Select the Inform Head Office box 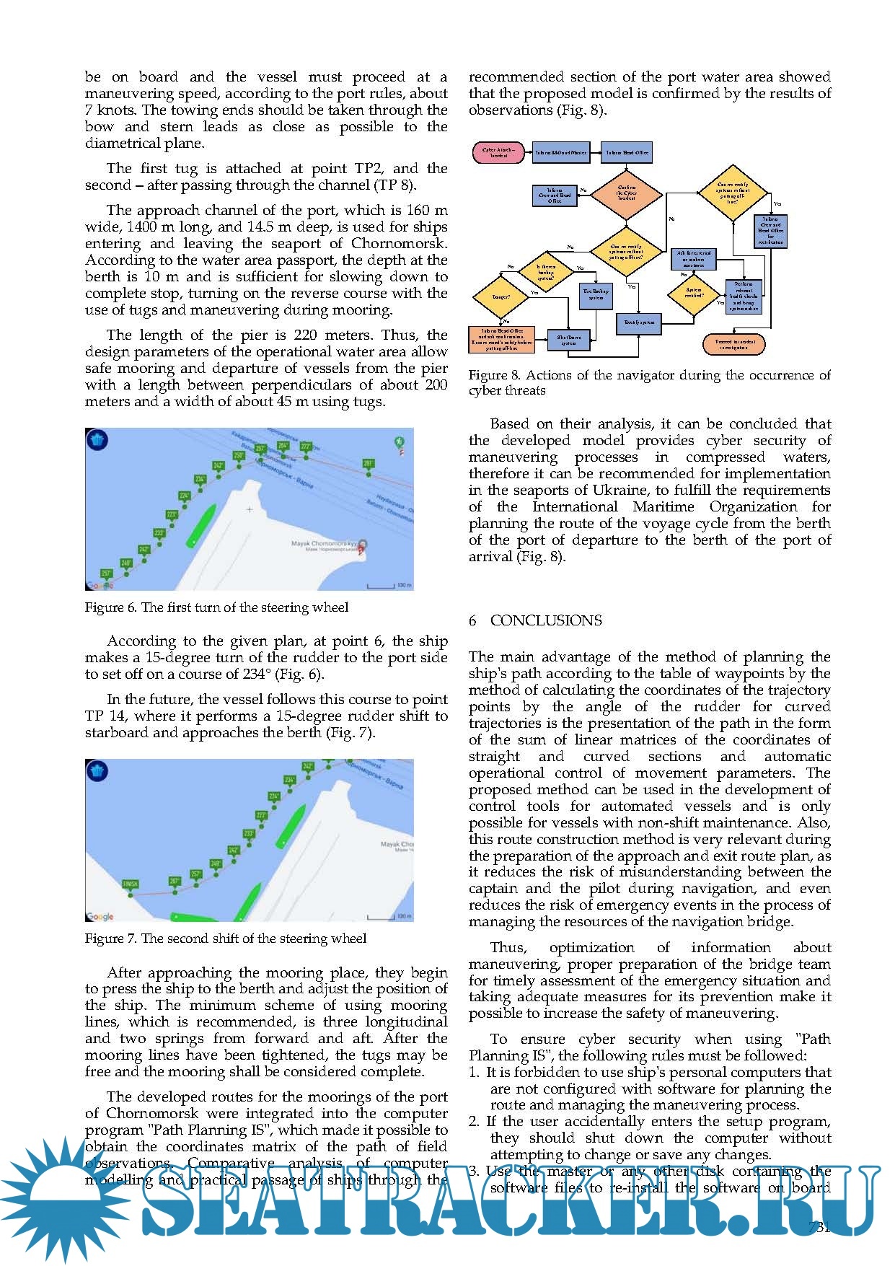click(x=627, y=153)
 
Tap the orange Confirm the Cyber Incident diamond click(x=627, y=193)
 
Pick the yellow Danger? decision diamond click(x=501, y=296)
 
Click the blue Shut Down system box click(x=569, y=340)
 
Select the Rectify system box click(x=639, y=322)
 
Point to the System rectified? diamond click(x=694, y=293)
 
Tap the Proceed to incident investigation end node click(x=733, y=343)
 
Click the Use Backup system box click(x=596, y=294)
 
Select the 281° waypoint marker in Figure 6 click(x=369, y=465)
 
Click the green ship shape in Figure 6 click(x=200, y=524)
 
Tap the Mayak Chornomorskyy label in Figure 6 click(x=325, y=545)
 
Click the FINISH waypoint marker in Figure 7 click(x=130, y=884)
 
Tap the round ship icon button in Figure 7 click(x=98, y=772)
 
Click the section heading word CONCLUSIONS click(x=545, y=620)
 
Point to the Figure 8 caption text click(x=649, y=383)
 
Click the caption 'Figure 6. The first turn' click(x=216, y=607)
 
